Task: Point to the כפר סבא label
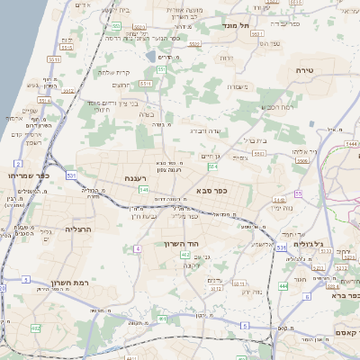[x=210, y=192]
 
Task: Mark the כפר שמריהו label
[x=26, y=175]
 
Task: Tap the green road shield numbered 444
[x=283, y=285]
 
